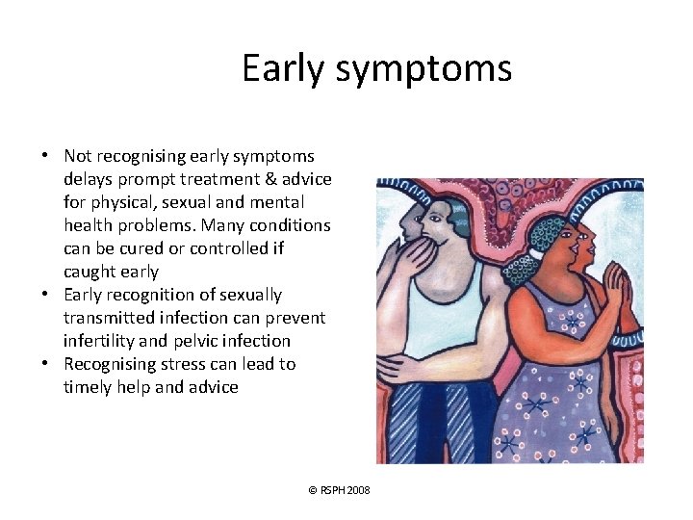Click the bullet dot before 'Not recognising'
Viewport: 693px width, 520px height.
point(45,156)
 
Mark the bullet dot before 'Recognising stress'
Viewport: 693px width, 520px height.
point(45,364)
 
